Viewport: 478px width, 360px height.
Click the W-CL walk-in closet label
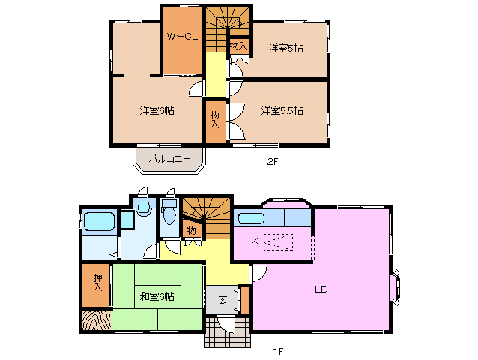point(181,37)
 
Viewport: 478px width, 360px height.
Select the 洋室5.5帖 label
point(282,110)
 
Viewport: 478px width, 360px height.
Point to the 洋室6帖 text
point(157,110)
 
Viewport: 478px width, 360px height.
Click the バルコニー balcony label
point(169,159)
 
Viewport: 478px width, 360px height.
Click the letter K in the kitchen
point(255,241)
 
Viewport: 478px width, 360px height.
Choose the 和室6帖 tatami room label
point(157,296)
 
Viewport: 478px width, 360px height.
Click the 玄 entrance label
point(223,300)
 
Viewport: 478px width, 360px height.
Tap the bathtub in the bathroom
point(98,222)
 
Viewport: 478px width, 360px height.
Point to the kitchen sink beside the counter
point(250,218)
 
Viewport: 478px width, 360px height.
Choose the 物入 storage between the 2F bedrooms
point(215,119)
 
